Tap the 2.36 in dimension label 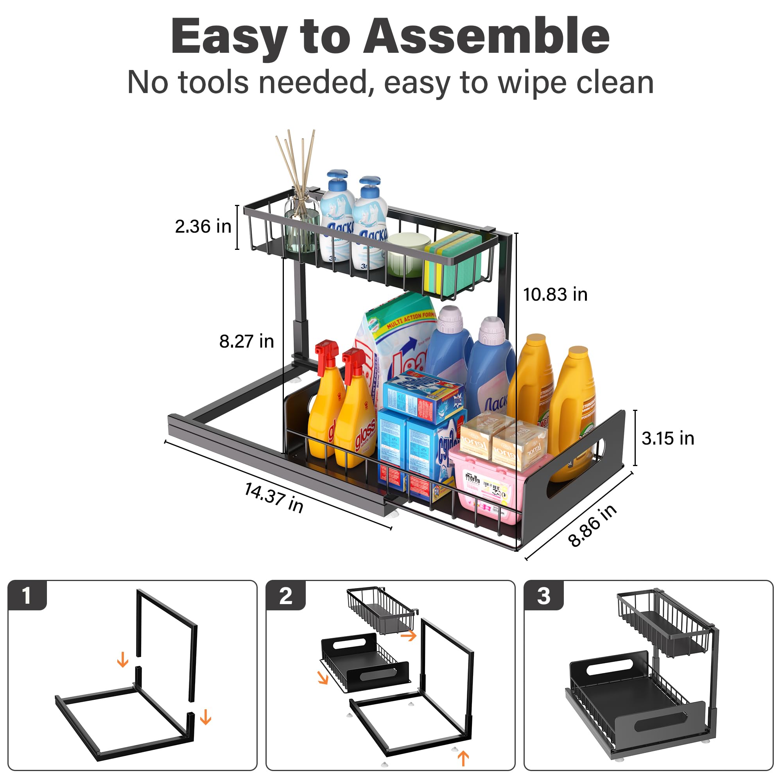coord(203,226)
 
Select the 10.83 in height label coord(555,294)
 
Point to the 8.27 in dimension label coord(246,341)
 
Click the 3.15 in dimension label coord(668,438)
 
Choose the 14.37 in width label coord(274,497)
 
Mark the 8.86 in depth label coord(592,526)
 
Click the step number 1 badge coord(27,596)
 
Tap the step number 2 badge coord(285,596)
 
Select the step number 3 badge coord(543,596)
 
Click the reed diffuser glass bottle coord(301,227)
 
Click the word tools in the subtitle coord(213,83)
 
